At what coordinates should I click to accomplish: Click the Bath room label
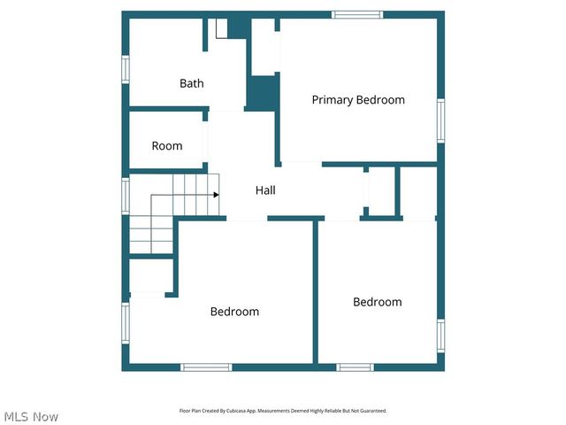tap(192, 83)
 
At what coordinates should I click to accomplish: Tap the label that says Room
tap(166, 146)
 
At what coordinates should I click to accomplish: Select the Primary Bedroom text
tap(358, 100)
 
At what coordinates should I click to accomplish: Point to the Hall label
tap(265, 190)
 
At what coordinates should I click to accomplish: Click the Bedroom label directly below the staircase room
tap(234, 312)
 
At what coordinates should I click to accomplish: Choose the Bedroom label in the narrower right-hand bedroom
tap(378, 302)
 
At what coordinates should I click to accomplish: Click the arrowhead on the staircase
tap(215, 195)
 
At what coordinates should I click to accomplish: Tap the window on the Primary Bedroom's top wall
tap(357, 14)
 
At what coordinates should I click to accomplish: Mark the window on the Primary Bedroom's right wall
tap(440, 120)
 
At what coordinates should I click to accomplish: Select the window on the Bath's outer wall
tap(126, 69)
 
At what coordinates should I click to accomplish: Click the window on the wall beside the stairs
tap(126, 195)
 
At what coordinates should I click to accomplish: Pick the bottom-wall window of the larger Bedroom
tap(206, 367)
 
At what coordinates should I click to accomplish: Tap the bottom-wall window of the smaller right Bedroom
tap(355, 367)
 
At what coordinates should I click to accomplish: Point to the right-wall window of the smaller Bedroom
tap(440, 336)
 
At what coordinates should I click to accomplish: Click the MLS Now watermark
tap(31, 416)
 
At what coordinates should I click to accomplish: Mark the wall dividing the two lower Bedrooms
tap(315, 292)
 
